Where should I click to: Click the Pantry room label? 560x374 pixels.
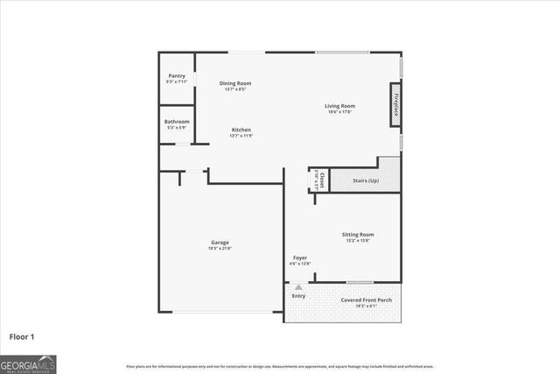176,76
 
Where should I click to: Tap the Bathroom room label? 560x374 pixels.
177,122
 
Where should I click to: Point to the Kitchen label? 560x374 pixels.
241,130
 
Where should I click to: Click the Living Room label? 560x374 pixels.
339,106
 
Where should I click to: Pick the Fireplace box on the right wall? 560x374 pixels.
395,106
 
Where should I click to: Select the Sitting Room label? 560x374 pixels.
357,235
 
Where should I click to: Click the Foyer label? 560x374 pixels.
300,258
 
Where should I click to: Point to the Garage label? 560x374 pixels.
220,242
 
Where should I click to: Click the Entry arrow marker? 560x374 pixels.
298,286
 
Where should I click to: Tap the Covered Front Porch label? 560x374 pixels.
366,300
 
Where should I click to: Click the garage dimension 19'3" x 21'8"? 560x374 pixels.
220,248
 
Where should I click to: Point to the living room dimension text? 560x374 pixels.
339,112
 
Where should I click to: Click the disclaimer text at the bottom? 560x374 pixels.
279,366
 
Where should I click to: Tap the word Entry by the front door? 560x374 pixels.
299,296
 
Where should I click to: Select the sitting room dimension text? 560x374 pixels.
357,241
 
